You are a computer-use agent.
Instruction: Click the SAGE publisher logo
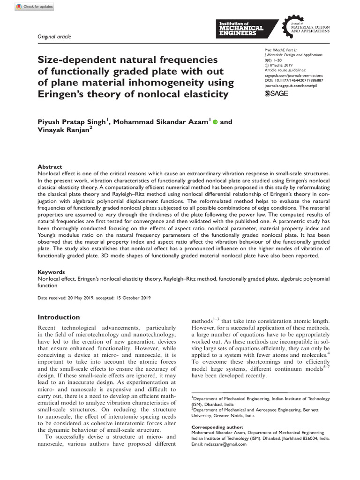click(277, 94)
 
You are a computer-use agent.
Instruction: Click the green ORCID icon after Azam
click(215, 122)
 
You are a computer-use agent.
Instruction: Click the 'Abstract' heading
click(50, 167)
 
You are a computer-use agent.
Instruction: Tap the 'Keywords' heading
click(52, 272)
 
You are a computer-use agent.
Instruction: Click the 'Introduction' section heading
click(59, 317)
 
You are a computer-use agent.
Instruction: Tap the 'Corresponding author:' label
click(217, 427)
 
